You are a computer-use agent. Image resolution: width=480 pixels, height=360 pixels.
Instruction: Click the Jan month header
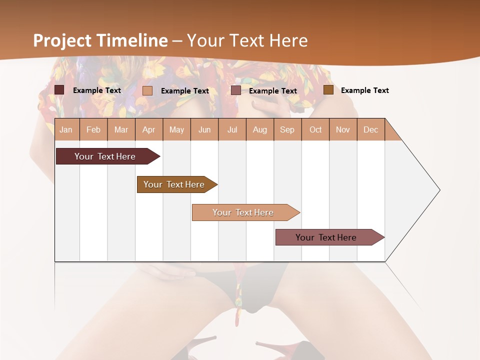pyautogui.click(x=66, y=129)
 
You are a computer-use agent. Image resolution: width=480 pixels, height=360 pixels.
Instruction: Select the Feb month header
pyautogui.click(x=93, y=129)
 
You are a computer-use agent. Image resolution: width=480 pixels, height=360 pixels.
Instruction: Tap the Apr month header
pyautogui.click(x=148, y=129)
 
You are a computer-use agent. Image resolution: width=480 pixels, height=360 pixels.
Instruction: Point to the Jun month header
pyautogui.click(x=204, y=129)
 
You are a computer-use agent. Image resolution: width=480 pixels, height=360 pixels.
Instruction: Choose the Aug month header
pyautogui.click(x=259, y=129)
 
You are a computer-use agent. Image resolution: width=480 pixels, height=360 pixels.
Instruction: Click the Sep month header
pyautogui.click(x=287, y=129)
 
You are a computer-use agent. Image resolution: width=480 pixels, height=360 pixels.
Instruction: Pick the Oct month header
pyautogui.click(x=315, y=129)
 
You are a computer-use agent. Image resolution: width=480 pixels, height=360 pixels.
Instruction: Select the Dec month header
pyautogui.click(x=370, y=129)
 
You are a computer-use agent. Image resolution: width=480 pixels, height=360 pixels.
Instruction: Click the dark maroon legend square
pyautogui.click(x=59, y=90)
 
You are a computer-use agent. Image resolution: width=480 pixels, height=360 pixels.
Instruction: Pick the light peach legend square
pyautogui.click(x=147, y=90)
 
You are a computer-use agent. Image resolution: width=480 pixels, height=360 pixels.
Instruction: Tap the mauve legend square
pyautogui.click(x=236, y=90)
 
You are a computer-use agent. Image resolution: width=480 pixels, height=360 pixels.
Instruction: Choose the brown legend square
pyautogui.click(x=328, y=90)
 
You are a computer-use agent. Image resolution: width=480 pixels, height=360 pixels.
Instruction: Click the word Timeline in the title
pyautogui.click(x=132, y=40)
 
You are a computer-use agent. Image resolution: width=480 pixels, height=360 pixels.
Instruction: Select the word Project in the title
pyautogui.click(x=62, y=40)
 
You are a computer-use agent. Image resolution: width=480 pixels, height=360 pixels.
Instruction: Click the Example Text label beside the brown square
pyautogui.click(x=364, y=90)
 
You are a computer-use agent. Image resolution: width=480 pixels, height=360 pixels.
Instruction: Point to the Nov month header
pyautogui.click(x=343, y=129)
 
